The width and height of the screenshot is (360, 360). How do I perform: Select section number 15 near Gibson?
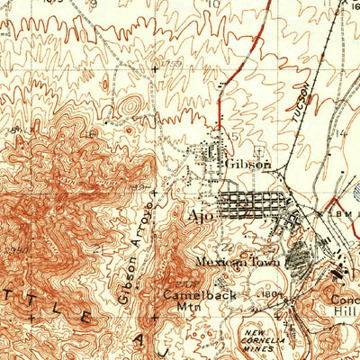point(235,136)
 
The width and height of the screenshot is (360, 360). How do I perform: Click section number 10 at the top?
point(213,4)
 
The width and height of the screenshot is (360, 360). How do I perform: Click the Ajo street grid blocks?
point(247,203)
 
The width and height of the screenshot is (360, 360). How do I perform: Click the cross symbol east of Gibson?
point(260,148)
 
